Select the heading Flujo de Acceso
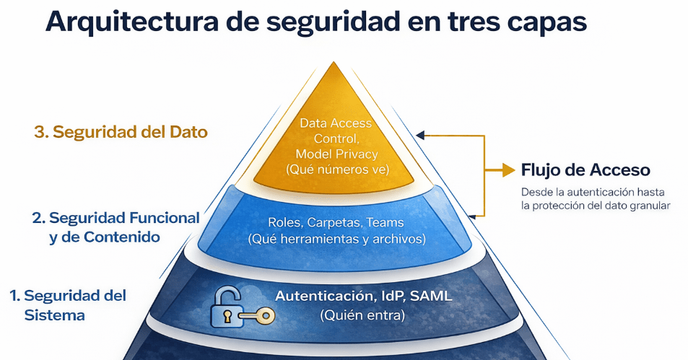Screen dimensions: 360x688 pos(585,170)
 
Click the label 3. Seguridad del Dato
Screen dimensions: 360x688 pos(121,132)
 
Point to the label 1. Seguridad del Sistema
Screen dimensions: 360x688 pos(68,305)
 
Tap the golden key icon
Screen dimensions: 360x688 pos(259,315)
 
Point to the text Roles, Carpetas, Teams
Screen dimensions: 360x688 pos(336,222)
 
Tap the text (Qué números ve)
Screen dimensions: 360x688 pos(337,170)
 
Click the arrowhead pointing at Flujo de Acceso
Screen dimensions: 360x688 pos(509,170)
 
